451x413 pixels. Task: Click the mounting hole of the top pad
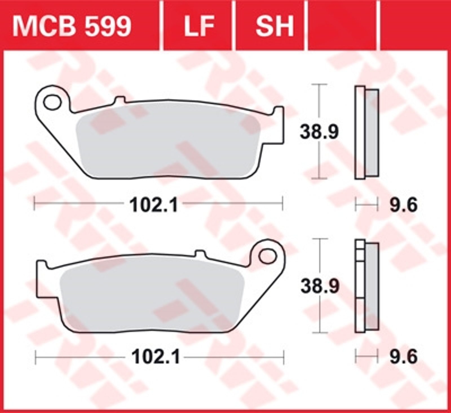coord(53,102)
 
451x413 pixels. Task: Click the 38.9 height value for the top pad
coord(319,132)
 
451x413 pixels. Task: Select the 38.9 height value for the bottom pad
coord(320,286)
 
